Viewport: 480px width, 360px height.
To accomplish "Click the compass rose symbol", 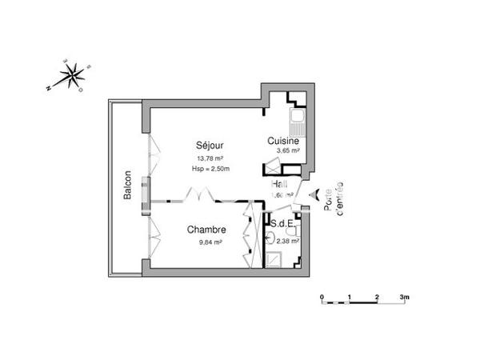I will click(x=73, y=76).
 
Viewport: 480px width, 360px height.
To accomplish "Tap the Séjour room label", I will click(x=210, y=146).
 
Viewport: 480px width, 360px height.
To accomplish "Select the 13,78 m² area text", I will click(x=210, y=158).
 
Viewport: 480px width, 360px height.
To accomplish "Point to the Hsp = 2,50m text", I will click(x=210, y=168).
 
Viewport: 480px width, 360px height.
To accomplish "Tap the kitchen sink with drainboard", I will click(x=298, y=124).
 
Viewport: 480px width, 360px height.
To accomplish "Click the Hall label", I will click(x=280, y=183).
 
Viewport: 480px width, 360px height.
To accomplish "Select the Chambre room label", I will click(x=206, y=230).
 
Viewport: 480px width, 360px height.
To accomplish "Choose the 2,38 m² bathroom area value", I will click(x=288, y=239).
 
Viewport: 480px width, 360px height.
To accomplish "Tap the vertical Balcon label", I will click(x=127, y=186).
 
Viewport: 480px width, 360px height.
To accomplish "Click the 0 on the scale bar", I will click(x=322, y=296).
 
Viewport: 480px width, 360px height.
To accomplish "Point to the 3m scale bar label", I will click(x=405, y=296).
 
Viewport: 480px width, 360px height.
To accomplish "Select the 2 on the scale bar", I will click(x=377, y=296).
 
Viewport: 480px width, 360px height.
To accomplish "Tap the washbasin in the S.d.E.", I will click(x=272, y=238).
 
